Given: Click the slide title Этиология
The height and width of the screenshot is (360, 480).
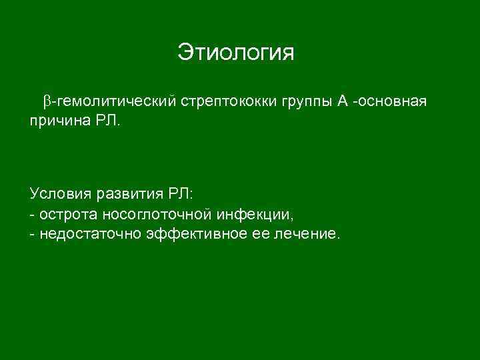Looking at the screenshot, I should coord(235,52).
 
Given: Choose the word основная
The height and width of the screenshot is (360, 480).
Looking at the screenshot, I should coord(393,101).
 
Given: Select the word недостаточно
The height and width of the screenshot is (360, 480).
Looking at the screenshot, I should coord(90,234).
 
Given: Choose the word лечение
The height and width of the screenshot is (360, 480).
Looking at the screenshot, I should coord(306,234).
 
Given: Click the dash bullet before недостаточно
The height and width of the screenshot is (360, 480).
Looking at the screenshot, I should coord(32,235).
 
